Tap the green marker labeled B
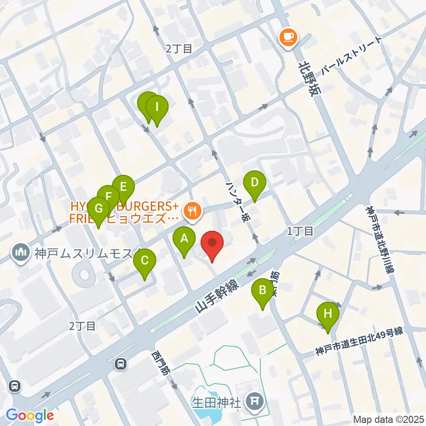coord(262,291)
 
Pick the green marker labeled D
coord(255,183)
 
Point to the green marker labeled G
coord(98,209)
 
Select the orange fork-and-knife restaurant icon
coord(192,210)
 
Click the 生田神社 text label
coord(216,402)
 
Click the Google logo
coord(30,415)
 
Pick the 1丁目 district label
coord(300,231)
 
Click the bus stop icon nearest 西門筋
coord(120,364)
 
